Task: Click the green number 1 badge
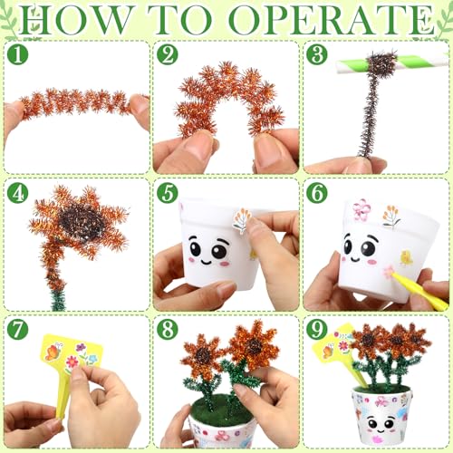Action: [17, 54]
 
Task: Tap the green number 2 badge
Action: [168, 54]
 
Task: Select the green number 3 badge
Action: [317, 54]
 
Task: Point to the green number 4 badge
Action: [17, 193]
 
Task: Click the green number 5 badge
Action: [168, 193]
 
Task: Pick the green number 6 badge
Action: [317, 193]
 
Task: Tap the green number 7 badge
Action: [17, 329]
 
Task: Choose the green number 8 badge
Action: [168, 329]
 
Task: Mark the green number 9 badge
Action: [317, 329]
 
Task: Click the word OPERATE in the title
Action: [332, 20]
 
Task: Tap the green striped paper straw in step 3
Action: [392, 64]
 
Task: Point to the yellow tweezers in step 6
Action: [419, 292]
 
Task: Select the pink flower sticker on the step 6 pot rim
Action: [361, 209]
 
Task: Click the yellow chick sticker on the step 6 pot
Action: [406, 258]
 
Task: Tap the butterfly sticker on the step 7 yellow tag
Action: [53, 352]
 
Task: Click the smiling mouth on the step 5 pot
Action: [207, 261]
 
